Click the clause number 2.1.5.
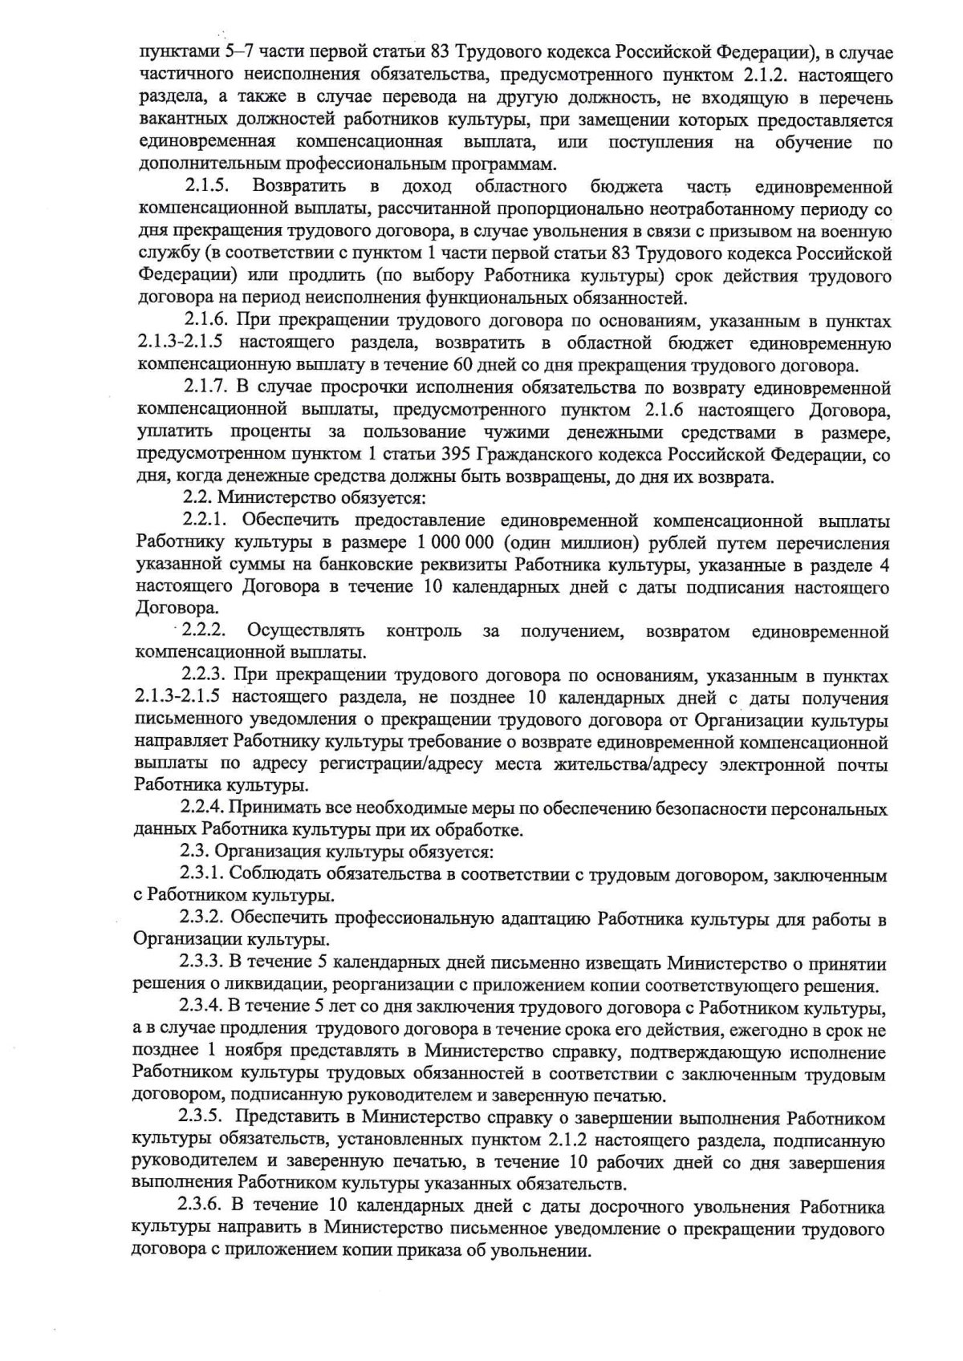(x=208, y=187)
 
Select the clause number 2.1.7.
(x=207, y=388)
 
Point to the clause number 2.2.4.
(x=201, y=808)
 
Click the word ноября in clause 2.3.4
(x=254, y=1051)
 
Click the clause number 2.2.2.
(x=205, y=630)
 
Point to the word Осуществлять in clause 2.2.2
(x=306, y=630)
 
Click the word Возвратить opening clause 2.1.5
(x=299, y=187)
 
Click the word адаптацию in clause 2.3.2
(x=545, y=919)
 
